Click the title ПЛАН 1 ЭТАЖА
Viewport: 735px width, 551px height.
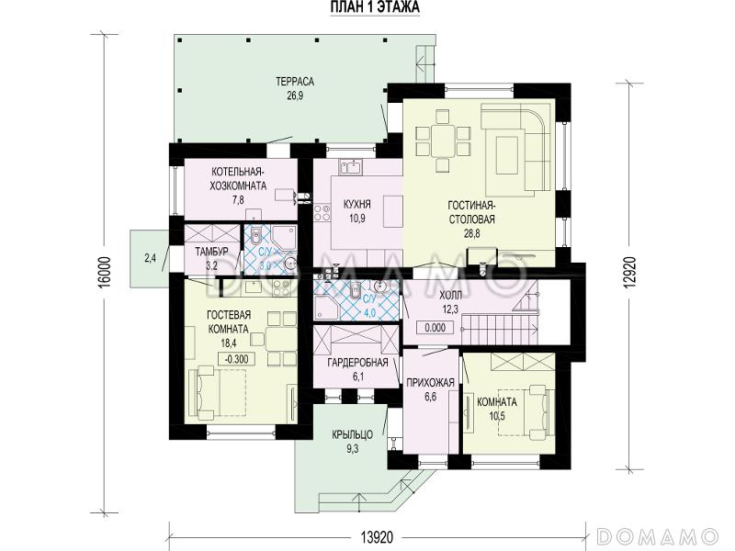tap(375, 7)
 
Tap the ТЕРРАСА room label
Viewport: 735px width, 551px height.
tap(295, 82)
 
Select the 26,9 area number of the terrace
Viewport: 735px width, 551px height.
tap(295, 96)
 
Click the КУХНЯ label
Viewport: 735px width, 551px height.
tap(357, 204)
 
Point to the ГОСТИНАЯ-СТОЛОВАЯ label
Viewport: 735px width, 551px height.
tap(471, 212)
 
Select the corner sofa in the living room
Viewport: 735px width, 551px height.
tap(516, 150)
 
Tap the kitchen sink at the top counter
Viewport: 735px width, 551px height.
tap(352, 166)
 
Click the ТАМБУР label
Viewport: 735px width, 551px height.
tap(212, 252)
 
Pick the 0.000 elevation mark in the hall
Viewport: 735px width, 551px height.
tap(435, 328)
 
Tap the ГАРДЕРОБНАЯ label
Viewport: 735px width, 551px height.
tap(357, 362)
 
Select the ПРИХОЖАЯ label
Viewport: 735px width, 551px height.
tap(430, 383)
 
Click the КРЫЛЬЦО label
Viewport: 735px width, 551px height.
tap(353, 434)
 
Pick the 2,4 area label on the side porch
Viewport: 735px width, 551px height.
tap(150, 258)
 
